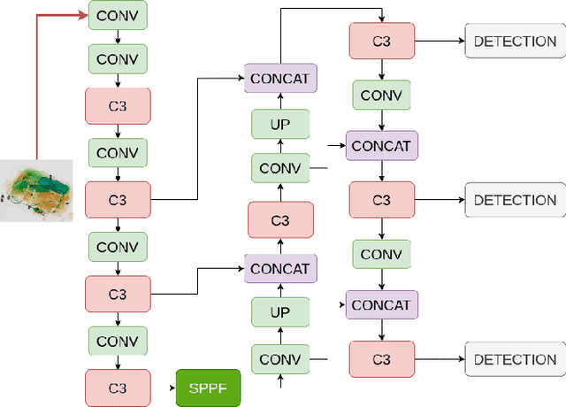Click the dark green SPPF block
tap(208, 387)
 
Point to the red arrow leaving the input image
tap(36, 88)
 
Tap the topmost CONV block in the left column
tap(118, 15)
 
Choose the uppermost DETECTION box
tap(515, 41)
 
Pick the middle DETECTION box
tap(515, 200)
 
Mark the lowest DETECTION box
tap(515, 359)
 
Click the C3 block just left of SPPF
tap(118, 388)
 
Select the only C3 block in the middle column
tap(280, 219)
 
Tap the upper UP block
tap(280, 124)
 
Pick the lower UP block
tap(280, 311)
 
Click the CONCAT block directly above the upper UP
tap(280, 78)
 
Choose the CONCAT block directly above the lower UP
tap(280, 268)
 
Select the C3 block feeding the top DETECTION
tap(381, 41)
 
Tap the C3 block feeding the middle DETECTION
tap(381, 200)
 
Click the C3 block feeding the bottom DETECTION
tap(381, 359)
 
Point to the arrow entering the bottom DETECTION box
tap(440, 359)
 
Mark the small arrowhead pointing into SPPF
tap(172, 388)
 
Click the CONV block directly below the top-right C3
tap(381, 95)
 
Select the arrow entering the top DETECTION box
tap(440, 41)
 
